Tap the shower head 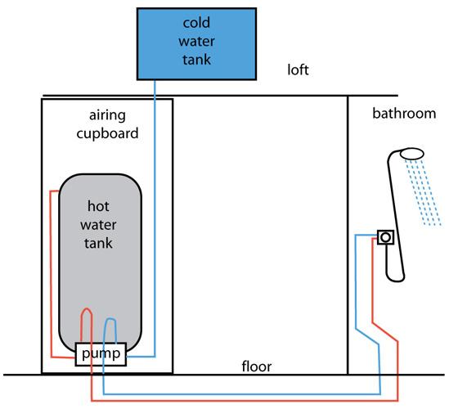coord(413,153)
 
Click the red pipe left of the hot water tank coord(50,270)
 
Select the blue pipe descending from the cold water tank coord(155,204)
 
